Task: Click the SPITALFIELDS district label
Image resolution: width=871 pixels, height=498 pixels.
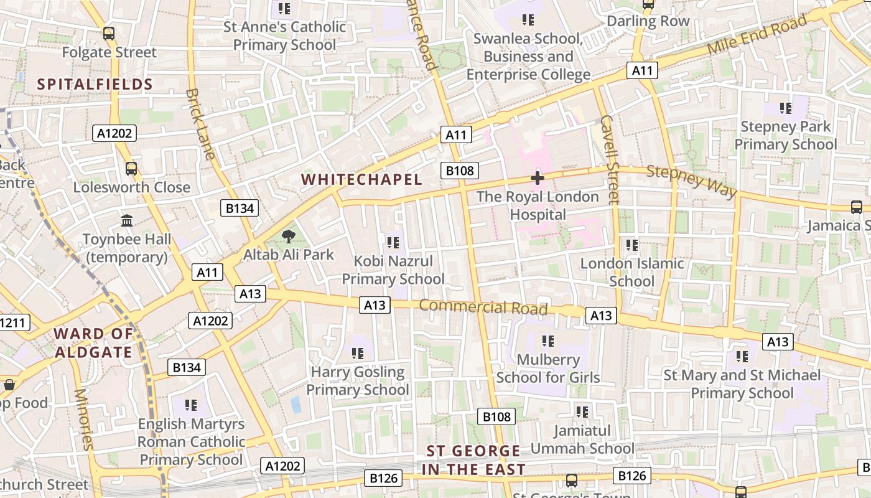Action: (95, 85)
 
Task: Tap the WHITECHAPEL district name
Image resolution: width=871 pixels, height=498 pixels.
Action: (361, 179)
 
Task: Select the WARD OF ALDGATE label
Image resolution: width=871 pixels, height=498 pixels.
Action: (93, 343)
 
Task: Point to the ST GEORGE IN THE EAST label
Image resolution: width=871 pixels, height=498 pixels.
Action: (473, 460)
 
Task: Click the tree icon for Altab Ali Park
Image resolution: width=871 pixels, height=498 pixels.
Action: (288, 237)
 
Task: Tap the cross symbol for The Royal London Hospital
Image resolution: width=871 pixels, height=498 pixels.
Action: (538, 179)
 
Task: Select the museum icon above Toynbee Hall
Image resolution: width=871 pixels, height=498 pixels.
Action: (128, 220)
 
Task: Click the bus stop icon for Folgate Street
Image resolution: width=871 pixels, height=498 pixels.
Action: (109, 34)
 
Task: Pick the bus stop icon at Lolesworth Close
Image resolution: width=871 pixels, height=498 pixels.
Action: (131, 168)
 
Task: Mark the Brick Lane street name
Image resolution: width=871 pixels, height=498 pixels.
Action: (200, 124)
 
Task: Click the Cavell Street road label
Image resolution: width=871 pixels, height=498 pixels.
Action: (610, 159)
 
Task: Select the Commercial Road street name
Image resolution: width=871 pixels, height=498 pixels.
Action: (483, 307)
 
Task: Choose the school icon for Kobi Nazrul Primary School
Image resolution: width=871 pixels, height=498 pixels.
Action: (393, 242)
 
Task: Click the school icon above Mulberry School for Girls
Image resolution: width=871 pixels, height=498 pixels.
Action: (547, 341)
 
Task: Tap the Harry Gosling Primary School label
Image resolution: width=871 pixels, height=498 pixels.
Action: (358, 381)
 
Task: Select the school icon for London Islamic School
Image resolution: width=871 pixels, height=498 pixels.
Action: (632, 245)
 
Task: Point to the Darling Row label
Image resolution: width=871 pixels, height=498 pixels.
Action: (648, 21)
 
